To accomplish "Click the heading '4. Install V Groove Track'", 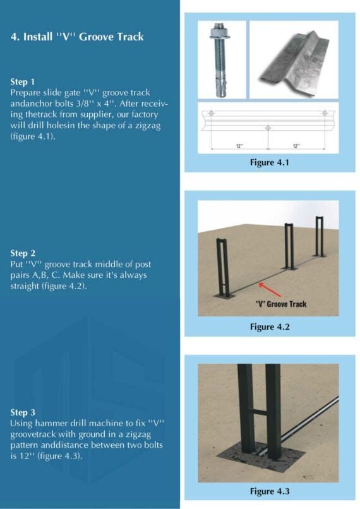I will pyautogui.click(x=77, y=37).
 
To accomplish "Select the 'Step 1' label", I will pyautogui.click(x=23, y=82).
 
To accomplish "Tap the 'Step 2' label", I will pyautogui.click(x=23, y=253).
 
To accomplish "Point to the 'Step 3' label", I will pyautogui.click(x=23, y=412).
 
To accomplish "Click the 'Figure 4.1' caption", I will pyautogui.click(x=269, y=162).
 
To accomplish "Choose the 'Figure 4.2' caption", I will pyautogui.click(x=269, y=326).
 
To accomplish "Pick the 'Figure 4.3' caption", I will pyautogui.click(x=269, y=491).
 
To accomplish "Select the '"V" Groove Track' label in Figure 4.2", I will pyautogui.click(x=281, y=304).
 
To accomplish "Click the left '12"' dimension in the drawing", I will pyautogui.click(x=239, y=146).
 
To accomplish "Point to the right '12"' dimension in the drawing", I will pyautogui.click(x=296, y=146).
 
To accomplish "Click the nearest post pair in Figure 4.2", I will pyautogui.click(x=222, y=266).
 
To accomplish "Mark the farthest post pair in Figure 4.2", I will pyautogui.click(x=320, y=236).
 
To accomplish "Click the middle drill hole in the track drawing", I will pyautogui.click(x=268, y=128).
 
